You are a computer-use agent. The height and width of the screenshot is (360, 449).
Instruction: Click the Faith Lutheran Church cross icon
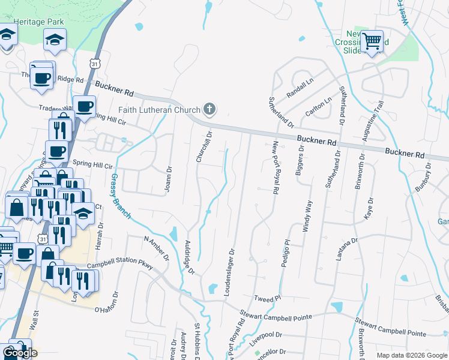[209, 109]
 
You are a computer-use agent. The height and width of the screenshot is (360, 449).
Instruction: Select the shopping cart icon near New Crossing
[373, 41]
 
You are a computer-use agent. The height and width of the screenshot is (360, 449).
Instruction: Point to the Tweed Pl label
[267, 299]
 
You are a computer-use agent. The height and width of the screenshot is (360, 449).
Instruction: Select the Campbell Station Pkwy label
[119, 265]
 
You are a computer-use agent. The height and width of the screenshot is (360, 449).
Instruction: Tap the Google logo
[20, 353]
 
